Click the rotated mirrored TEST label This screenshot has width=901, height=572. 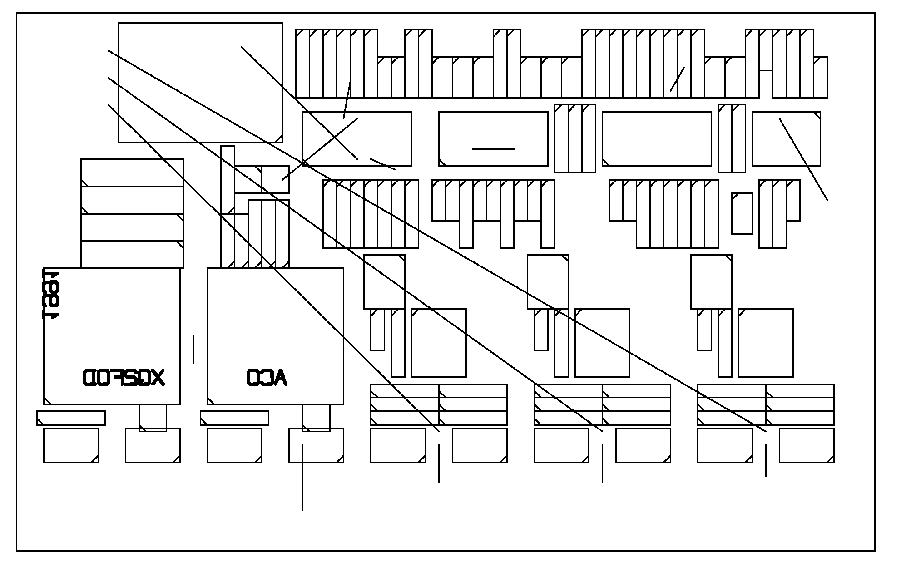point(51,294)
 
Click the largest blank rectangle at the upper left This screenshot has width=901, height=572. point(200,82)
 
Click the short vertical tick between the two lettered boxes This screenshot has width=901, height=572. point(194,350)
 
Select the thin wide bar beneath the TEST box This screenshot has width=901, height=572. point(71,418)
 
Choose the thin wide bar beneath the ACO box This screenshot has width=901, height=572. point(234,418)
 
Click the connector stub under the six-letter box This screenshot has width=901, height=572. point(153,418)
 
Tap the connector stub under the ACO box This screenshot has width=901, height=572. point(316,418)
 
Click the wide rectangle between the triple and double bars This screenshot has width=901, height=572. point(657,138)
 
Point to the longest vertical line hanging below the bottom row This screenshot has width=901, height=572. point(302,478)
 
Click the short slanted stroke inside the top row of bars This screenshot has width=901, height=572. point(677,79)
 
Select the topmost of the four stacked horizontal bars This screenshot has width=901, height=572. point(132,173)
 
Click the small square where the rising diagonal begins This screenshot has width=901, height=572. point(275,179)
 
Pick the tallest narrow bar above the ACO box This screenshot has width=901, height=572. point(228,207)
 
